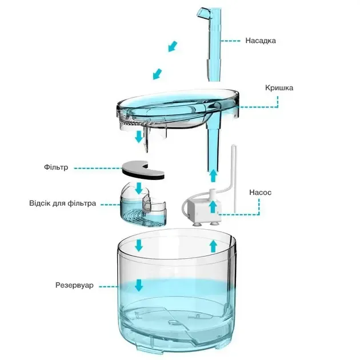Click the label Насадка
261,41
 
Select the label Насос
261,192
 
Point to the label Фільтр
56,168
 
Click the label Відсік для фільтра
62,203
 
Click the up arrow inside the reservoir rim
213,246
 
